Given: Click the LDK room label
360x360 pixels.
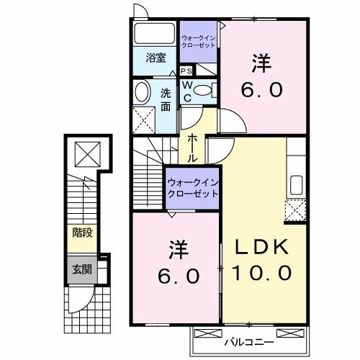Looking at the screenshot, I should click(x=261, y=247).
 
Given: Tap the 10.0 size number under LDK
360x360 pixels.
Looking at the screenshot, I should click(x=261, y=274).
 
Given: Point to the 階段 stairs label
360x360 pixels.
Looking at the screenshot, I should click(x=81, y=233).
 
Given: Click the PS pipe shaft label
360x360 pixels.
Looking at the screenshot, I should click(x=186, y=71).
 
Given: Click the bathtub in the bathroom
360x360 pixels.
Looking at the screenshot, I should click(x=155, y=32).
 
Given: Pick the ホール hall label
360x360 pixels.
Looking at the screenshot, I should click(x=194, y=148).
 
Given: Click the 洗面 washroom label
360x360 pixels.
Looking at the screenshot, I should click(x=166, y=99).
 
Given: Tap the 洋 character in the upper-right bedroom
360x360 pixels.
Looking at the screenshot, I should click(x=261, y=63).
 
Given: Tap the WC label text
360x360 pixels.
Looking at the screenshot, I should click(x=187, y=90).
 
